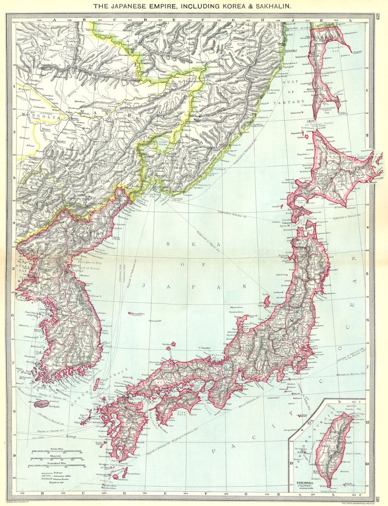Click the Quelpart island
click(41, 404)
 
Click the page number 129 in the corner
click(377, 17)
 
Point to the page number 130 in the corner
click(377, 500)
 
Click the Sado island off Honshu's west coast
click(267, 302)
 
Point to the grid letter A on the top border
click(54, 20)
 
